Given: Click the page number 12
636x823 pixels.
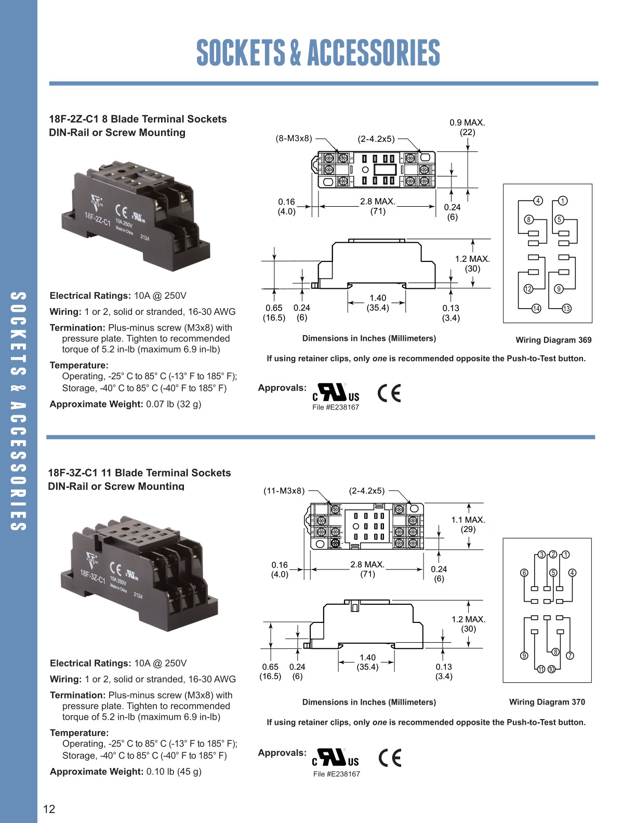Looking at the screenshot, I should click(49, 808).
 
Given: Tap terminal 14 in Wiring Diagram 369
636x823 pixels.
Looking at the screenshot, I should click(536, 309).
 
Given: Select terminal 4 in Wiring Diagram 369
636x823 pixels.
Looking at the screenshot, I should click(538, 201).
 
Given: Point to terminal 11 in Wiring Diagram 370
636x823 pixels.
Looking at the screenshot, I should click(541, 669).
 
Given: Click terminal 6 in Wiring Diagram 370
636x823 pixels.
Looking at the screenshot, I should click(524, 573).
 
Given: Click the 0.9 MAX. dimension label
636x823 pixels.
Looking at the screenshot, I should click(467, 123).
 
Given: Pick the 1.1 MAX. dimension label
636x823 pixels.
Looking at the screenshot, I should click(468, 520).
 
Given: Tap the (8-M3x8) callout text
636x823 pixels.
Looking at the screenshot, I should click(294, 138).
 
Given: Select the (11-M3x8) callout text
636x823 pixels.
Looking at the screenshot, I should click(284, 490).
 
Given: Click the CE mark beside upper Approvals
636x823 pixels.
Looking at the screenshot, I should click(389, 393).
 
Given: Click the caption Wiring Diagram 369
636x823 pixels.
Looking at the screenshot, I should click(553, 340).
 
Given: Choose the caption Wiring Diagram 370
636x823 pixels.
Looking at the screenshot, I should click(547, 702).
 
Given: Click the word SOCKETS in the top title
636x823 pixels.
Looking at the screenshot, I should click(241, 52).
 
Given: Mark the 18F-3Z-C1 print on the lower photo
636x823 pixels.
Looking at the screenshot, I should click(92, 576).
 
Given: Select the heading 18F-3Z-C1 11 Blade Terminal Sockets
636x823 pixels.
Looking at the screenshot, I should click(139, 473).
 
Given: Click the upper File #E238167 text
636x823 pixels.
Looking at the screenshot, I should click(336, 407).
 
